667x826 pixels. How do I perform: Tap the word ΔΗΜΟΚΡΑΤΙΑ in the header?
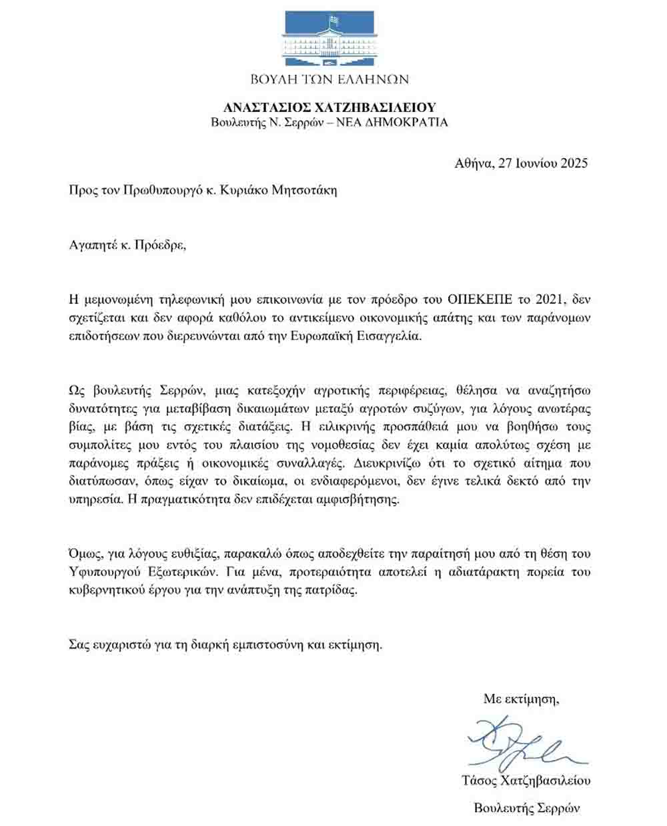pos(408,123)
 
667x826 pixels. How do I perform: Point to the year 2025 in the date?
pos(572,163)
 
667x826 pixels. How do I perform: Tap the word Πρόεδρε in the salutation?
pos(157,245)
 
